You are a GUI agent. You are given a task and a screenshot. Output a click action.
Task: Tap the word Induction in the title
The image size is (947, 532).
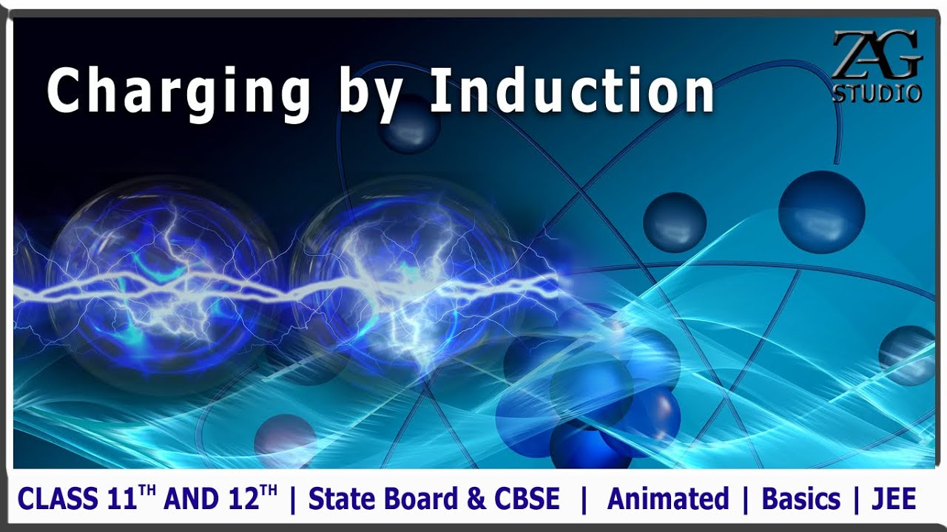click(x=571, y=89)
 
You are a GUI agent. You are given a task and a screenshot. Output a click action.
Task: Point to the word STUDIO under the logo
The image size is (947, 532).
click(x=877, y=93)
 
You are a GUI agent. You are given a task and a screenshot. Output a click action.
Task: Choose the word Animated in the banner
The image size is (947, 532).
click(x=667, y=499)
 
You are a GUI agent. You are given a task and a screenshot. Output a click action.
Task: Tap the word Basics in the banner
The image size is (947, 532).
click(x=801, y=499)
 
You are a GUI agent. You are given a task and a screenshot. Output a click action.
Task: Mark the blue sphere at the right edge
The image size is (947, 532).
click(x=906, y=355)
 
